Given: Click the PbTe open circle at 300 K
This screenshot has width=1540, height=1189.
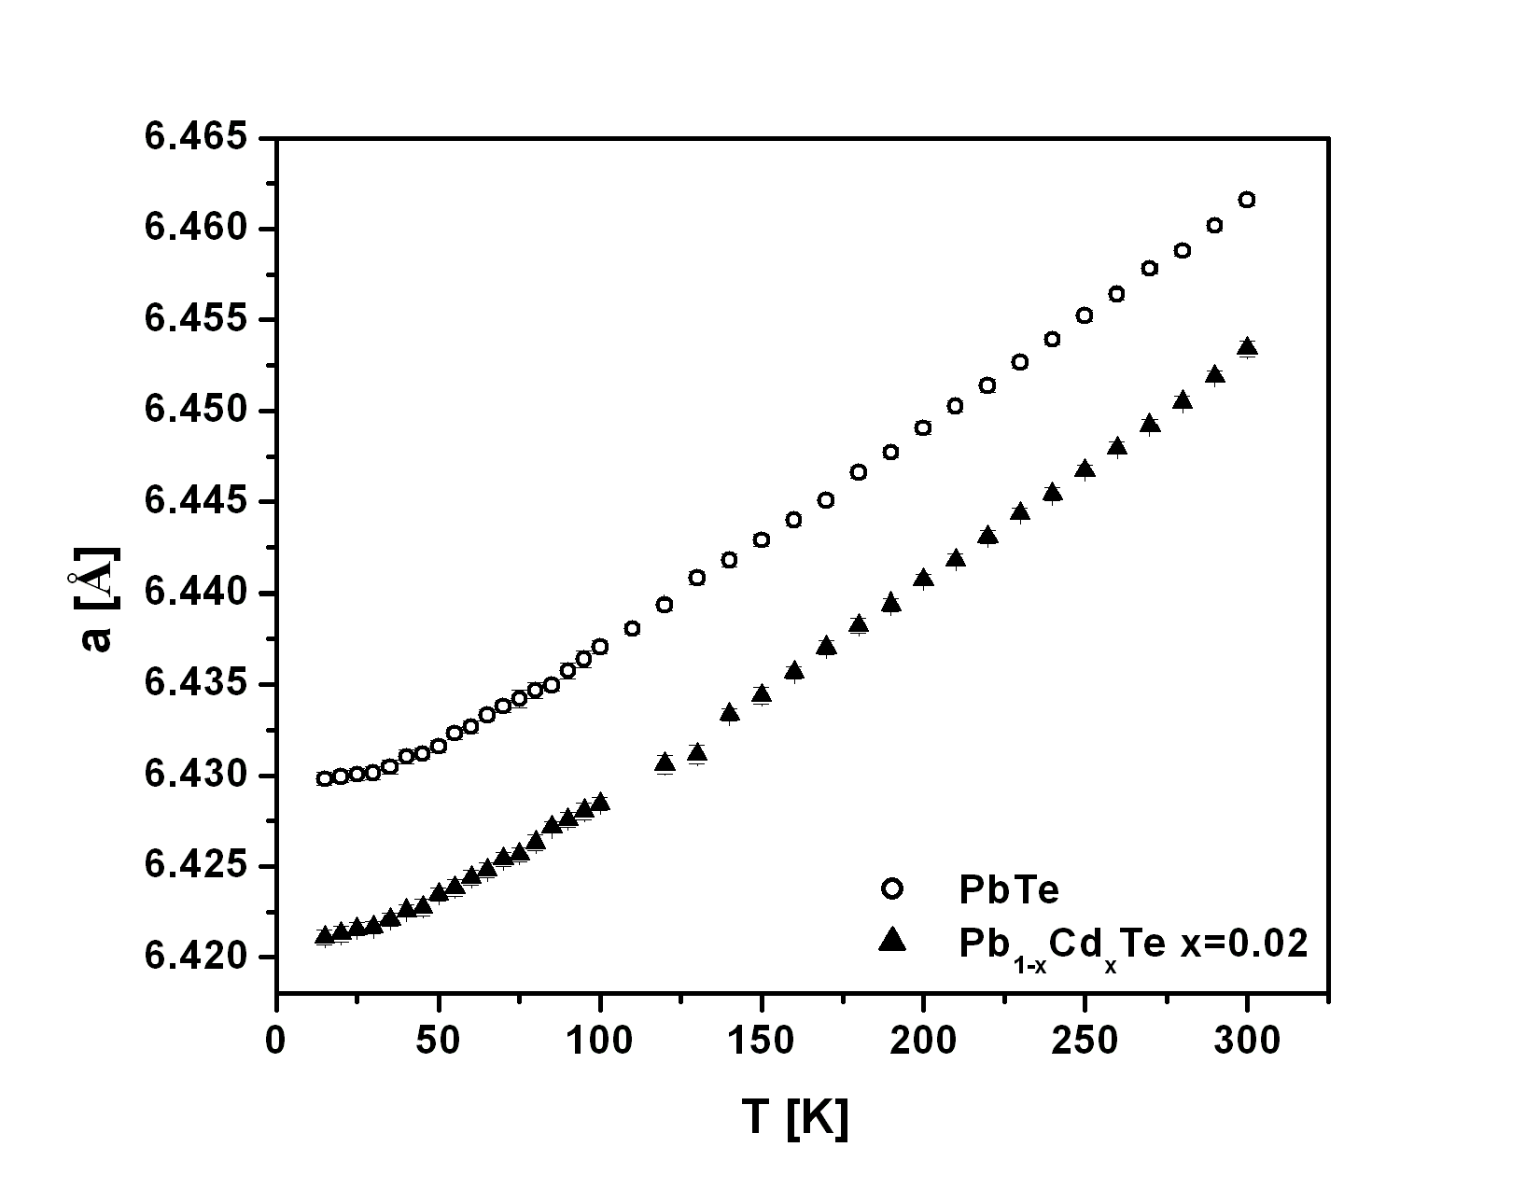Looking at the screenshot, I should (x=1246, y=200).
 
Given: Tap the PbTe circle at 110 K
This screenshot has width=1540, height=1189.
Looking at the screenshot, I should (x=632, y=628).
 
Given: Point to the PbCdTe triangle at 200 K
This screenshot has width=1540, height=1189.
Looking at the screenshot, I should (x=923, y=579).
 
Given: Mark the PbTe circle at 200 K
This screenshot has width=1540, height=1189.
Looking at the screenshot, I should (x=923, y=428).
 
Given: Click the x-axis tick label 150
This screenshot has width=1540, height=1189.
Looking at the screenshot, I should (x=762, y=1041).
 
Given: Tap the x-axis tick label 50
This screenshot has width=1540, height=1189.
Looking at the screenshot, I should (x=438, y=1041).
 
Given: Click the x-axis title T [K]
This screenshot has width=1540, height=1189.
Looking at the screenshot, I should (x=795, y=1116).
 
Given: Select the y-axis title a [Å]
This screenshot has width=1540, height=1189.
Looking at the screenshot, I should (x=93, y=597).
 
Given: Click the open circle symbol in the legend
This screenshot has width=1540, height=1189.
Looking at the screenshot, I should (x=892, y=890).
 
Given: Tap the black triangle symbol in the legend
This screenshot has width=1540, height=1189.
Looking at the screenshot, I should (x=892, y=940).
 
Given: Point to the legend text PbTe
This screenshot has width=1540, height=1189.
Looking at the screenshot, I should (x=1009, y=890).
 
